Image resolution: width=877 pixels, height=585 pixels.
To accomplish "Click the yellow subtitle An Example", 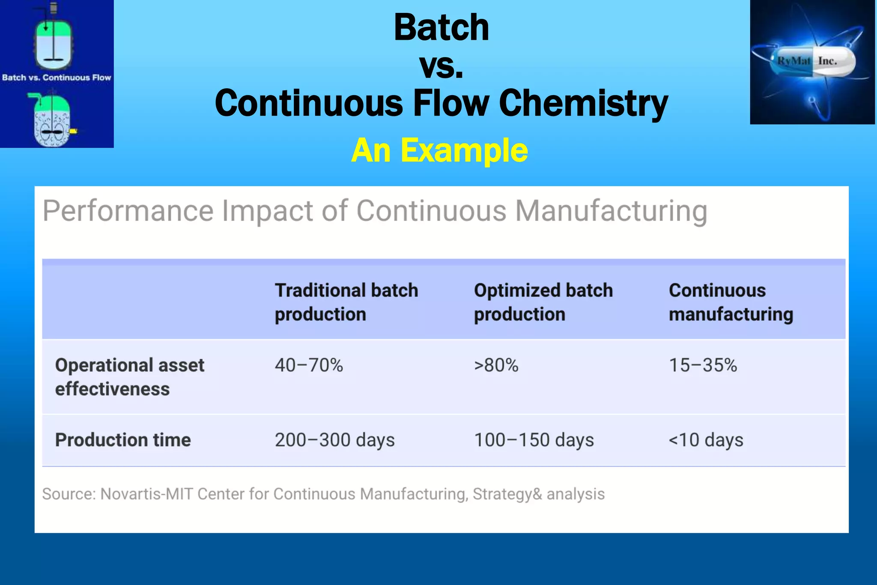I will coord(439,151).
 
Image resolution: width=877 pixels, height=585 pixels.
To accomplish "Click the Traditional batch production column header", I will coord(346,302).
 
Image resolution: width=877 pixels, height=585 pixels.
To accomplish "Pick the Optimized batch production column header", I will coord(543,302).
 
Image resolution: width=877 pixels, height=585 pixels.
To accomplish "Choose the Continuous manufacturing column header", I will coord(731,302).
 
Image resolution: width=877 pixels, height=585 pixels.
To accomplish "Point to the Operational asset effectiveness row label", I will coord(129,377).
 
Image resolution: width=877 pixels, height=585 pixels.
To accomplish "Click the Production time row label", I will coord(123,440).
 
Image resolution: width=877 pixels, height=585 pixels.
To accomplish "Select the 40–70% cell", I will coord(309,365).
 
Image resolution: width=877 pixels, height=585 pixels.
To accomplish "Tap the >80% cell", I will coord(496,365).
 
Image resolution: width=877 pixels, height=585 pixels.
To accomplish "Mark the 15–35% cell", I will coord(703,365).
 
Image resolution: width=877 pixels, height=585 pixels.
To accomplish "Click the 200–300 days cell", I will coord(334,440).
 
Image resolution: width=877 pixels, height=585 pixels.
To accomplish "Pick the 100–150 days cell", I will coord(534,440).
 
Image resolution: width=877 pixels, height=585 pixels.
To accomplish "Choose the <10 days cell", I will coord(706,440).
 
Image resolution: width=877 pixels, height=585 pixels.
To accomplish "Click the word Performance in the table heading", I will coord(128,211).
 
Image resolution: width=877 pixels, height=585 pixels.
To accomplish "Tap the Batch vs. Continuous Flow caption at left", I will coord(57,78).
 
